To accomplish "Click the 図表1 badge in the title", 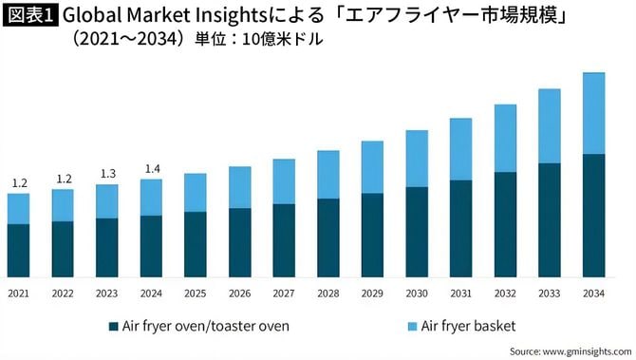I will tap(30, 16).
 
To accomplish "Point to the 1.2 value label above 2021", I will tap(18, 183).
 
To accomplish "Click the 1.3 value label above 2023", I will tap(107, 174).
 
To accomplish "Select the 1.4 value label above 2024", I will tap(151, 169).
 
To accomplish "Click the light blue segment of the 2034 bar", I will tap(593, 113).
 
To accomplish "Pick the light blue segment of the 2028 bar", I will tap(328, 174).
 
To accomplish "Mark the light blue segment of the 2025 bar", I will tap(196, 192).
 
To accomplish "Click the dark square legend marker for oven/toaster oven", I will tap(114, 326).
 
